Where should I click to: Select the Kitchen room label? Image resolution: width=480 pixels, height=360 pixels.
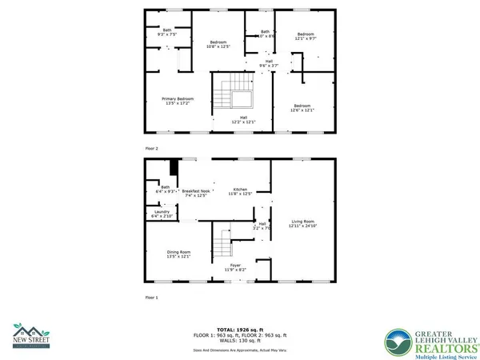[241, 191]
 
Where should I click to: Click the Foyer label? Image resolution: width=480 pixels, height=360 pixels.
[235, 268]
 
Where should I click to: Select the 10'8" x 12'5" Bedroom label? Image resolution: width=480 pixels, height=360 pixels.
[219, 44]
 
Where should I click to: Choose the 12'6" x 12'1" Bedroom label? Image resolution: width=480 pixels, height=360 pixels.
[302, 108]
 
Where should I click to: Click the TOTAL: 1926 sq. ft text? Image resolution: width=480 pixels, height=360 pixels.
[240, 330]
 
